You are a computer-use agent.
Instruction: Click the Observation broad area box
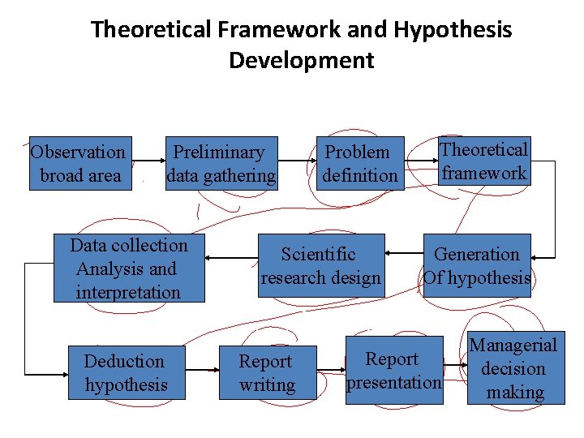pyautogui.click(x=79, y=163)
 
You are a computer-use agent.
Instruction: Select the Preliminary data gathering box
pyautogui.click(x=221, y=163)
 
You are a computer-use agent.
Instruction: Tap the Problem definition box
pyautogui.click(x=359, y=163)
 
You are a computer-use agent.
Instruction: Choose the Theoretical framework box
pyautogui.click(x=484, y=161)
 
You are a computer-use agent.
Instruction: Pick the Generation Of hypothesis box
pyautogui.click(x=477, y=265)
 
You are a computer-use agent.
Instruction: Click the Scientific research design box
pyautogui.click(x=320, y=265)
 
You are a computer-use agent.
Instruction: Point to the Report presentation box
pyautogui.click(x=394, y=369)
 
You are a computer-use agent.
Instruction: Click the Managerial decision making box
pyautogui.click(x=513, y=368)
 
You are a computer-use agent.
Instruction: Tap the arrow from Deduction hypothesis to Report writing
pyautogui.click(x=202, y=370)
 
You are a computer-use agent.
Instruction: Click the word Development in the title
pyautogui.click(x=301, y=60)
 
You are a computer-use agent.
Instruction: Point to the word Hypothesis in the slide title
pyautogui.click(x=453, y=30)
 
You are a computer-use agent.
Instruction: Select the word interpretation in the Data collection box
pyautogui.click(x=128, y=292)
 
